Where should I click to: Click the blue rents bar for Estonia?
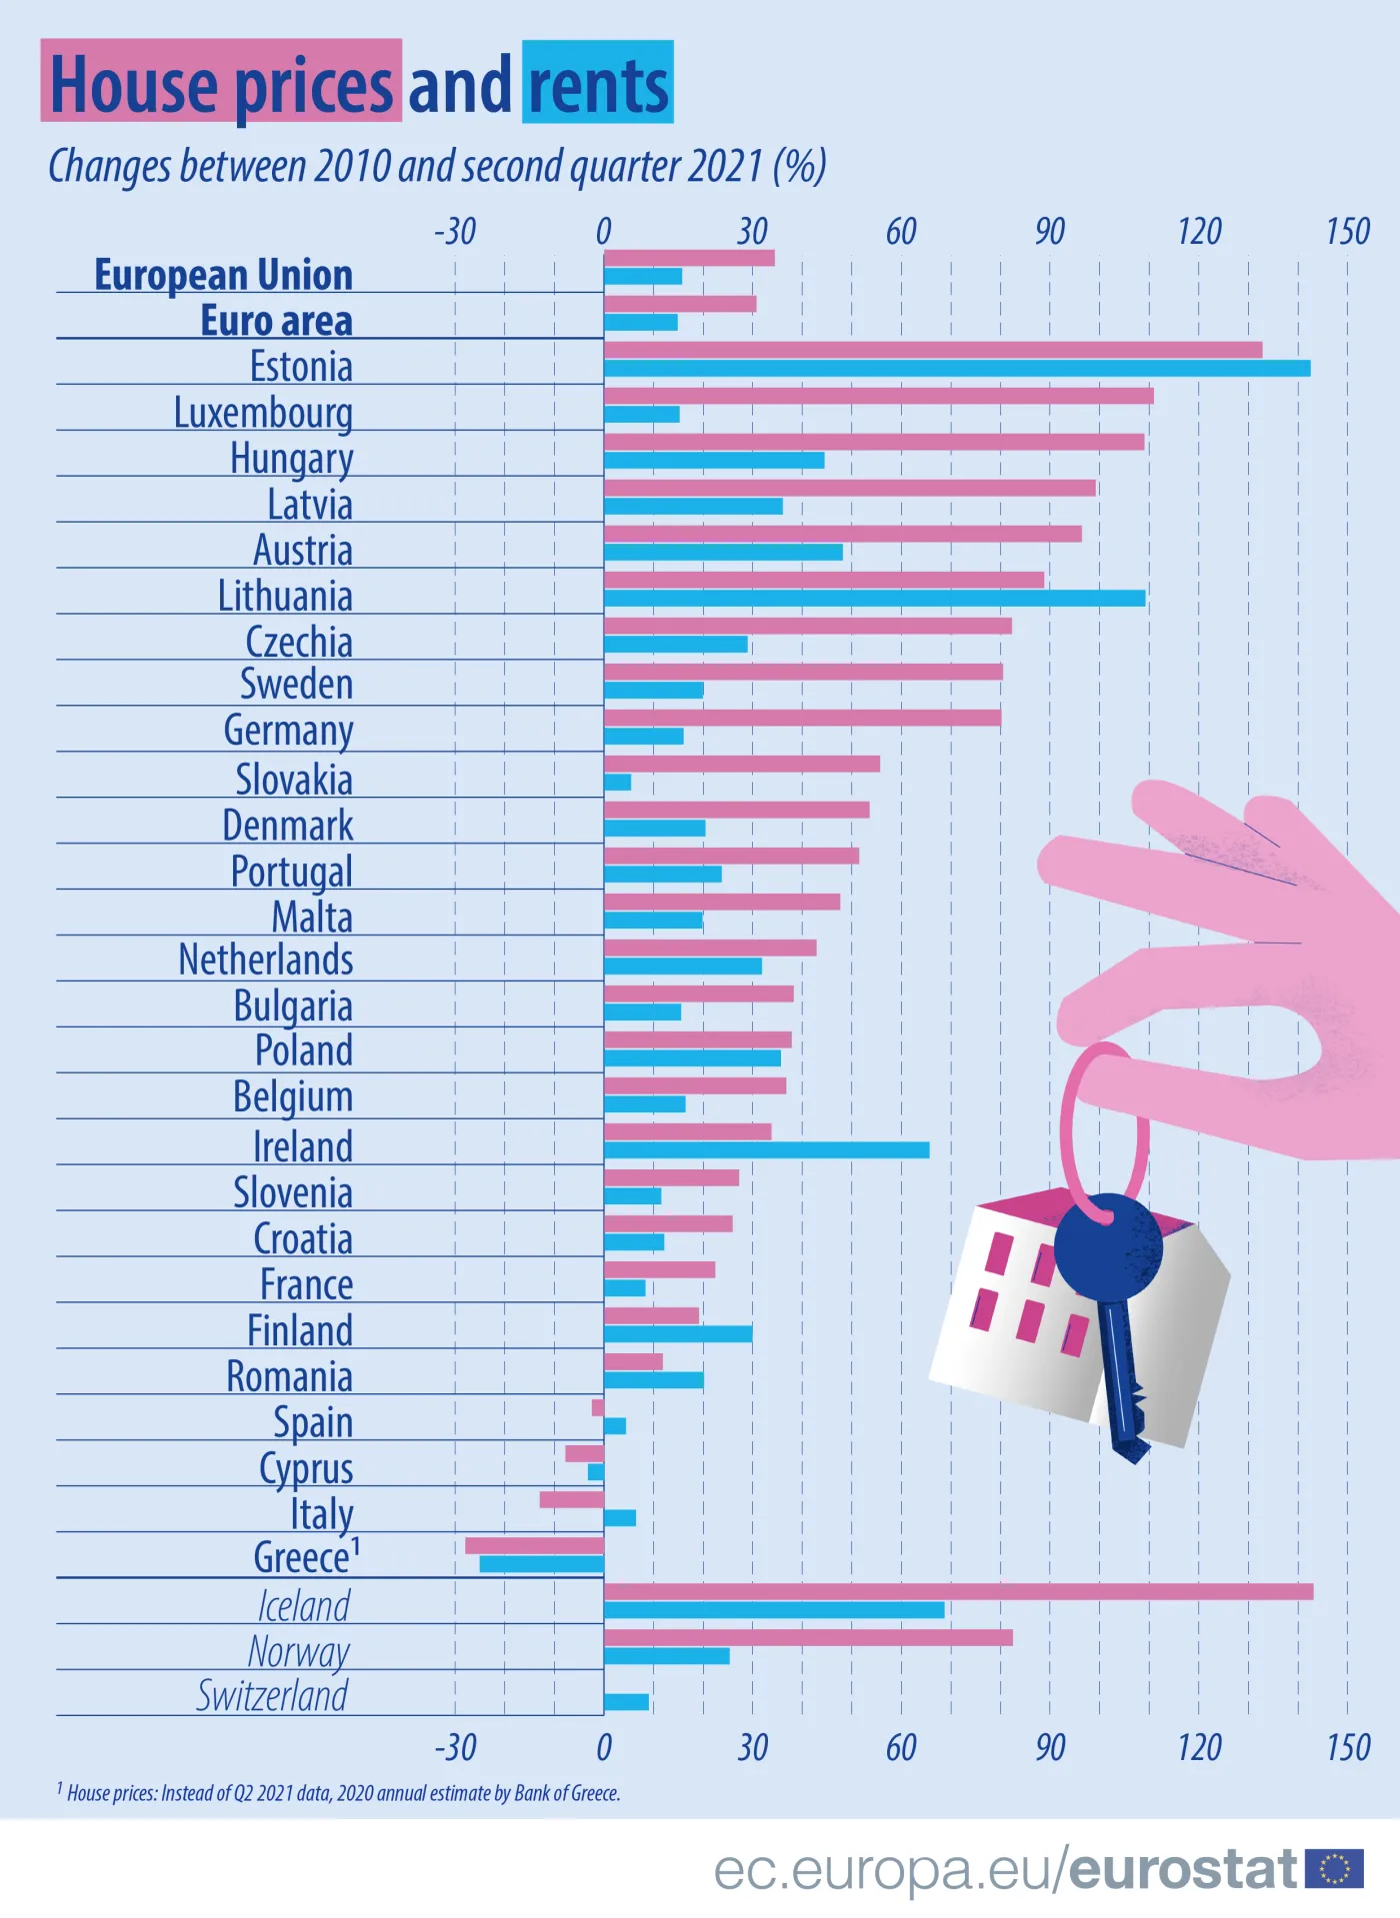956,369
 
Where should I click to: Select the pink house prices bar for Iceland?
958,1591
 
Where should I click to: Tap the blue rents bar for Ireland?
766,1150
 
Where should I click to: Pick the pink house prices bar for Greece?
534,1545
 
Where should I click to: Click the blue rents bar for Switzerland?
626,1702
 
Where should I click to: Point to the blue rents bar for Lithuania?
874,599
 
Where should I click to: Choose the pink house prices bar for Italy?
571,1499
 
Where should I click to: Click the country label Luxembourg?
263,413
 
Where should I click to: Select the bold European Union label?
223,275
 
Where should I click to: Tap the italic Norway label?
298,1651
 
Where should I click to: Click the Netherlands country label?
265,959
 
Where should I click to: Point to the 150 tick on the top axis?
1347,232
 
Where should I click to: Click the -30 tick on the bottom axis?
455,1747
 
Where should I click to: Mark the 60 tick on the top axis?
900,232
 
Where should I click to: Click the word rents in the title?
598,85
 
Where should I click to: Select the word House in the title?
133,85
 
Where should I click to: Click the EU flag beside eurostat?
1334,1868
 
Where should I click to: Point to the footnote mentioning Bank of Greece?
340,1793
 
